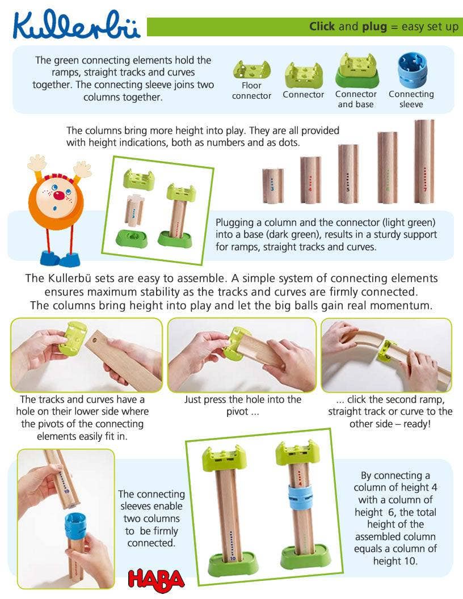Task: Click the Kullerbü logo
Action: click(x=77, y=26)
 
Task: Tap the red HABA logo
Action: click(x=156, y=579)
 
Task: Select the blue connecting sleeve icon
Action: click(x=411, y=70)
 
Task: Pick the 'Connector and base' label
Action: click(x=356, y=99)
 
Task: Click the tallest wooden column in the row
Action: click(x=424, y=161)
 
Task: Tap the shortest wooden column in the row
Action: click(x=272, y=185)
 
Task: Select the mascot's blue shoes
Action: click(x=60, y=259)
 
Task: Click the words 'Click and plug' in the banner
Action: click(x=348, y=27)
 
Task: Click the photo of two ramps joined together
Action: click(x=386, y=355)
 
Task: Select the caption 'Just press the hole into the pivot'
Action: click(x=242, y=406)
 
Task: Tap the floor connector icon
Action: click(x=251, y=70)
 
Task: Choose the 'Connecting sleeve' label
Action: click(x=411, y=99)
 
